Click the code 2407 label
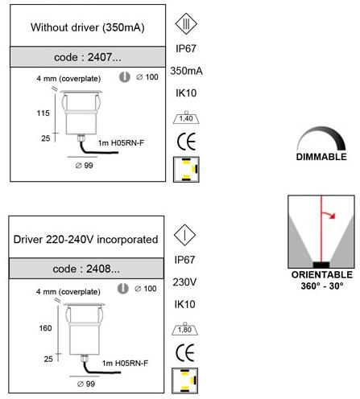click(88, 57)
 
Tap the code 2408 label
click(86, 269)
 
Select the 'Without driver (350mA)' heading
click(88, 27)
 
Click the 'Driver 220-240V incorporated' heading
click(85, 240)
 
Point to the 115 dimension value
click(43, 113)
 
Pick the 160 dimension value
click(45, 328)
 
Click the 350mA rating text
click(186, 71)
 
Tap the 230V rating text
click(184, 282)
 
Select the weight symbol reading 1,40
click(186, 117)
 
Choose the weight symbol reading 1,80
click(184, 329)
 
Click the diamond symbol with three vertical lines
click(186, 24)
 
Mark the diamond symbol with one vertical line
click(184, 235)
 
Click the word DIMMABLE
click(321, 157)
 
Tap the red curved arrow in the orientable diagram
click(329, 214)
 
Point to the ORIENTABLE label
click(322, 274)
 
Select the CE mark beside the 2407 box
click(186, 142)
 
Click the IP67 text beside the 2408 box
click(184, 260)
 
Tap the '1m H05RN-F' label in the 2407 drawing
click(121, 143)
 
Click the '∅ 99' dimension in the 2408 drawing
click(86, 384)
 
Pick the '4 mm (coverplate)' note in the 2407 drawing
click(68, 79)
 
